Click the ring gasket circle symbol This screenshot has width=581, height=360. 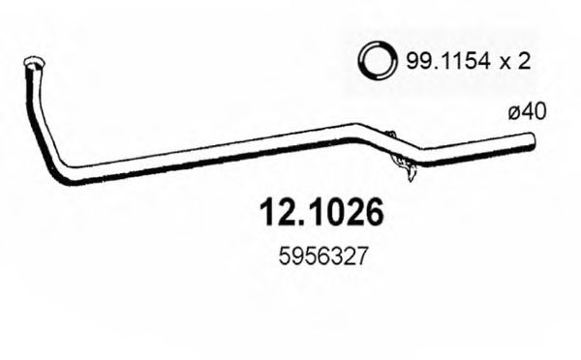click(x=376, y=61)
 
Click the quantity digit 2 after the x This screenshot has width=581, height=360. click(x=523, y=62)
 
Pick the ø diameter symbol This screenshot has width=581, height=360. click(x=515, y=113)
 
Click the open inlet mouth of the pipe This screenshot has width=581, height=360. click(x=32, y=66)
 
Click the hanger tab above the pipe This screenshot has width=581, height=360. click(x=390, y=136)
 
